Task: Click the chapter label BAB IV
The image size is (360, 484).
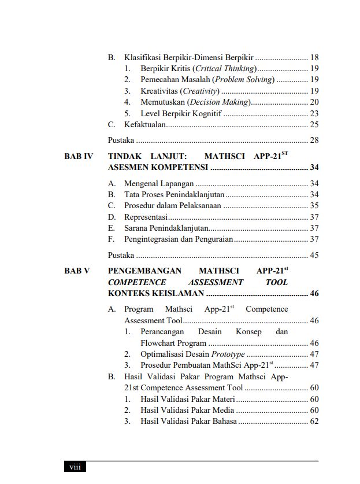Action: [78, 156]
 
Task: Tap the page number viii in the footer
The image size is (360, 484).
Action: [75, 467]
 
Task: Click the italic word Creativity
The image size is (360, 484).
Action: [200, 91]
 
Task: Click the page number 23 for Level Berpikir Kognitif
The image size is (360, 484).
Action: [314, 113]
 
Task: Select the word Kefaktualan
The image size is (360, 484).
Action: [145, 124]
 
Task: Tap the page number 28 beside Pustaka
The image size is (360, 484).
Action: [314, 140]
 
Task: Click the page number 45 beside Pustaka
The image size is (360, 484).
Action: [314, 255]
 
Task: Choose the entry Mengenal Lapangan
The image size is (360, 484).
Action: [159, 184]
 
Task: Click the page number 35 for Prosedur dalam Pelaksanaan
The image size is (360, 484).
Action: [314, 206]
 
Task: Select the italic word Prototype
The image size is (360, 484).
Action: [228, 354]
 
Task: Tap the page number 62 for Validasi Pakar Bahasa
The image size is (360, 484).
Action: [314, 422]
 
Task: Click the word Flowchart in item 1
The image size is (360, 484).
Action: [161, 343]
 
